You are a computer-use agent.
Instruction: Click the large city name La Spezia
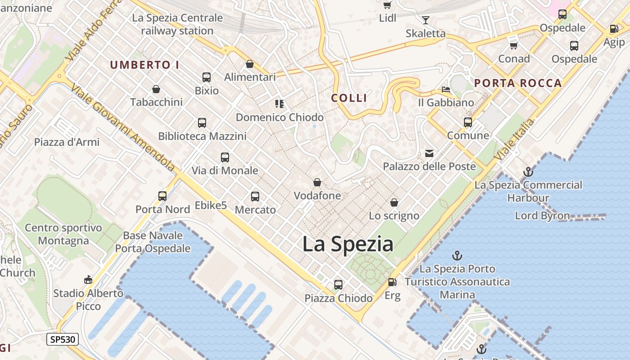(348, 244)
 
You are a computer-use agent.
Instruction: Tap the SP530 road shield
(63, 339)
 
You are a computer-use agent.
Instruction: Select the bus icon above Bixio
(207, 77)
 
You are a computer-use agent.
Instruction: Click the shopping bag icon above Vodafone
(317, 182)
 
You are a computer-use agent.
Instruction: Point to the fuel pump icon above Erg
(392, 282)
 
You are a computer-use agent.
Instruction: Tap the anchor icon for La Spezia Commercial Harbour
(528, 172)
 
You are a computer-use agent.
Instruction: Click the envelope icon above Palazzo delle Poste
(429, 153)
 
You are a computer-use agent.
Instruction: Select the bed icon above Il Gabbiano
(446, 89)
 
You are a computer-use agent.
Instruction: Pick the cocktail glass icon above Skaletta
(425, 20)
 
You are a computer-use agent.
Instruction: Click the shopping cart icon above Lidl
(387, 5)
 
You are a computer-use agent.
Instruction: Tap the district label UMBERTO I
(145, 65)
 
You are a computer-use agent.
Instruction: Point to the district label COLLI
(349, 98)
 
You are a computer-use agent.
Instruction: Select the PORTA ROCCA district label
(518, 83)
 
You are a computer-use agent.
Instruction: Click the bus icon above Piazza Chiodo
(338, 284)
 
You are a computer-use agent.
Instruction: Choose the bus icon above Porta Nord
(162, 196)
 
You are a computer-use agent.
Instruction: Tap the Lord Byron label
(542, 216)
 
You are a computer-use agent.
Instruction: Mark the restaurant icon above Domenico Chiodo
(279, 104)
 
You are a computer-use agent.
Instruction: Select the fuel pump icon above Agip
(614, 29)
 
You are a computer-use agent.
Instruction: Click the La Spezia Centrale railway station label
(177, 24)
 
